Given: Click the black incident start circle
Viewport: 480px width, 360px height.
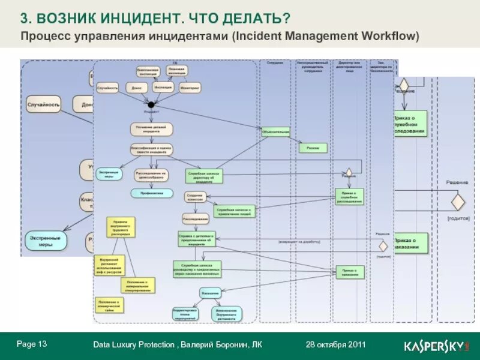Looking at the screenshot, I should (151, 105).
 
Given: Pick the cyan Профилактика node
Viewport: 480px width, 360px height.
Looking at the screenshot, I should (152, 193).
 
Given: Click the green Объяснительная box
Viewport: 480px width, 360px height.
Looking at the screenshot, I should (275, 131).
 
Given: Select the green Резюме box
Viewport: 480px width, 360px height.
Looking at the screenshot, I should (313, 148).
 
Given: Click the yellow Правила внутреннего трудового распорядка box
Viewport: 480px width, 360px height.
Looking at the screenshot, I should (121, 228).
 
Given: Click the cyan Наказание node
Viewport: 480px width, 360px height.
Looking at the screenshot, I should (209, 293).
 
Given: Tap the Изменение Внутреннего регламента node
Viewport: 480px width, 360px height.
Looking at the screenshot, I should (227, 313).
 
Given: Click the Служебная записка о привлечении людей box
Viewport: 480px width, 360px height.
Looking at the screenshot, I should (235, 211).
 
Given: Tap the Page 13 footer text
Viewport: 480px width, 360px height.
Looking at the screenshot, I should (32, 344).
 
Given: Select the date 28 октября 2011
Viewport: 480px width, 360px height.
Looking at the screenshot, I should (335, 344).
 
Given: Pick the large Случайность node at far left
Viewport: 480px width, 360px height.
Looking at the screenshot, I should (43, 105).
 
